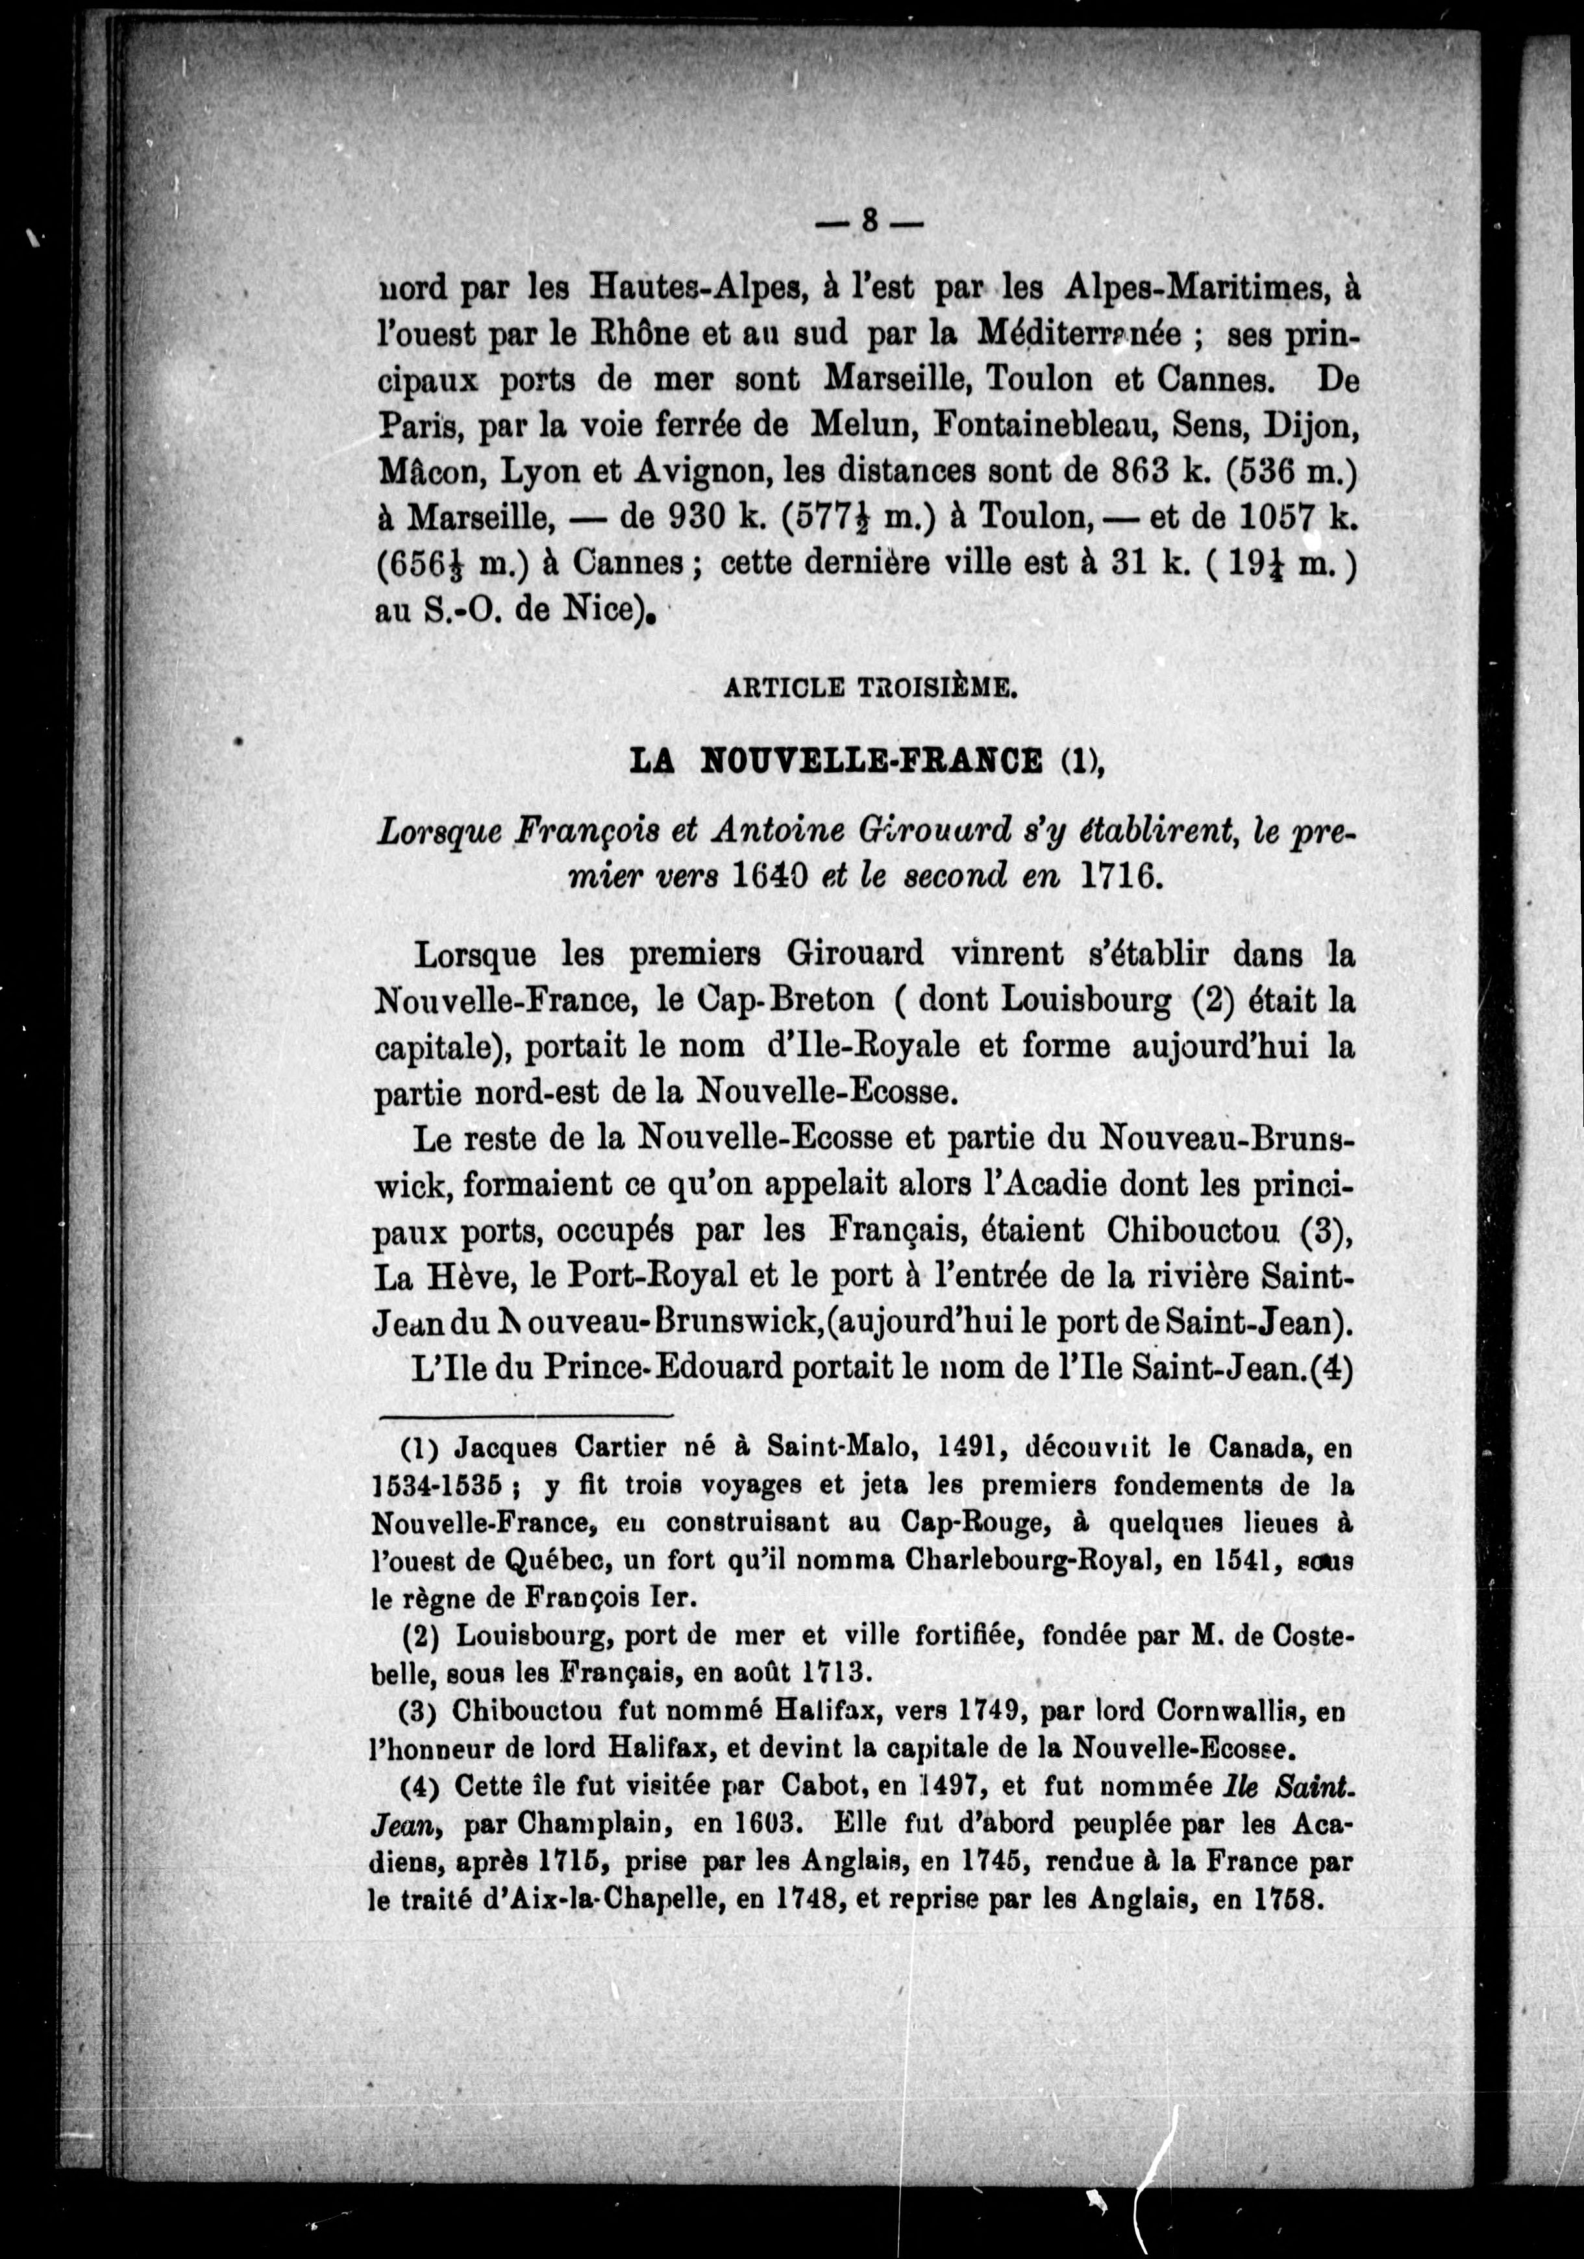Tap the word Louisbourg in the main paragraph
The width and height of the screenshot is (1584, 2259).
pos(1086,1000)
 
